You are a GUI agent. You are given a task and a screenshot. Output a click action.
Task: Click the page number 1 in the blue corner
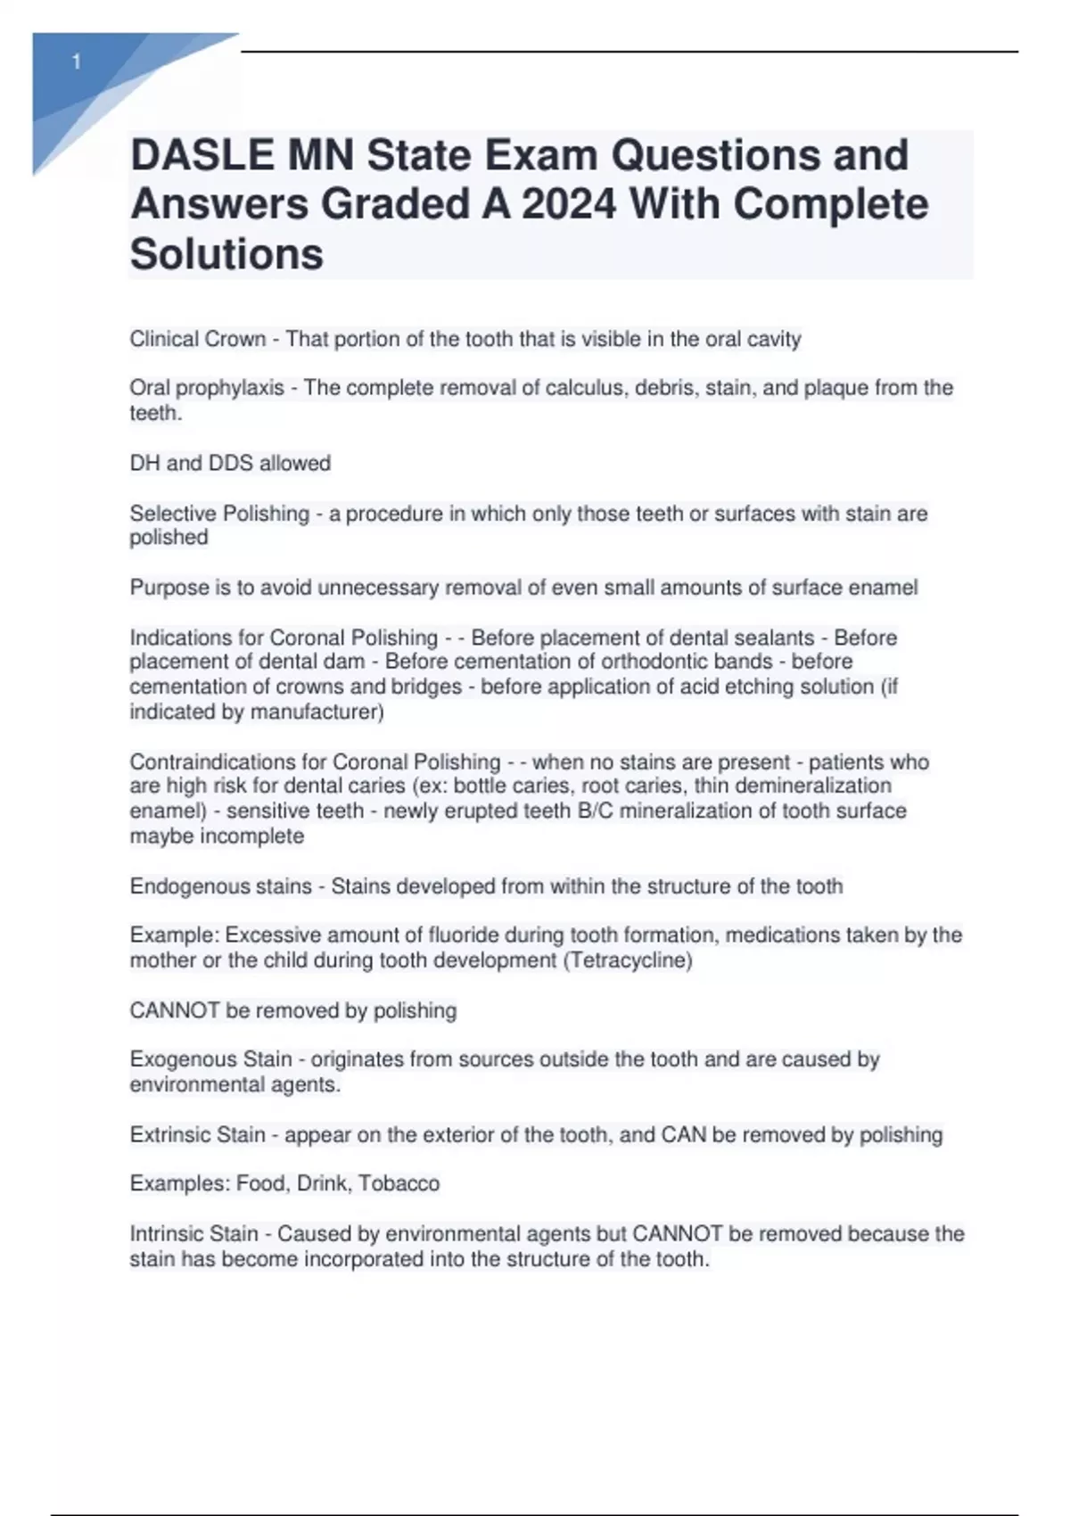[x=77, y=62]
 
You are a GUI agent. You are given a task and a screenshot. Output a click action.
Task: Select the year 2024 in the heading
[x=569, y=204]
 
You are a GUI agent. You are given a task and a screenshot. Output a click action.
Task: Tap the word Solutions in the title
[x=226, y=254]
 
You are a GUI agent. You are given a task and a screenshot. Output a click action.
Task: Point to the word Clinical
[x=165, y=339]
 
